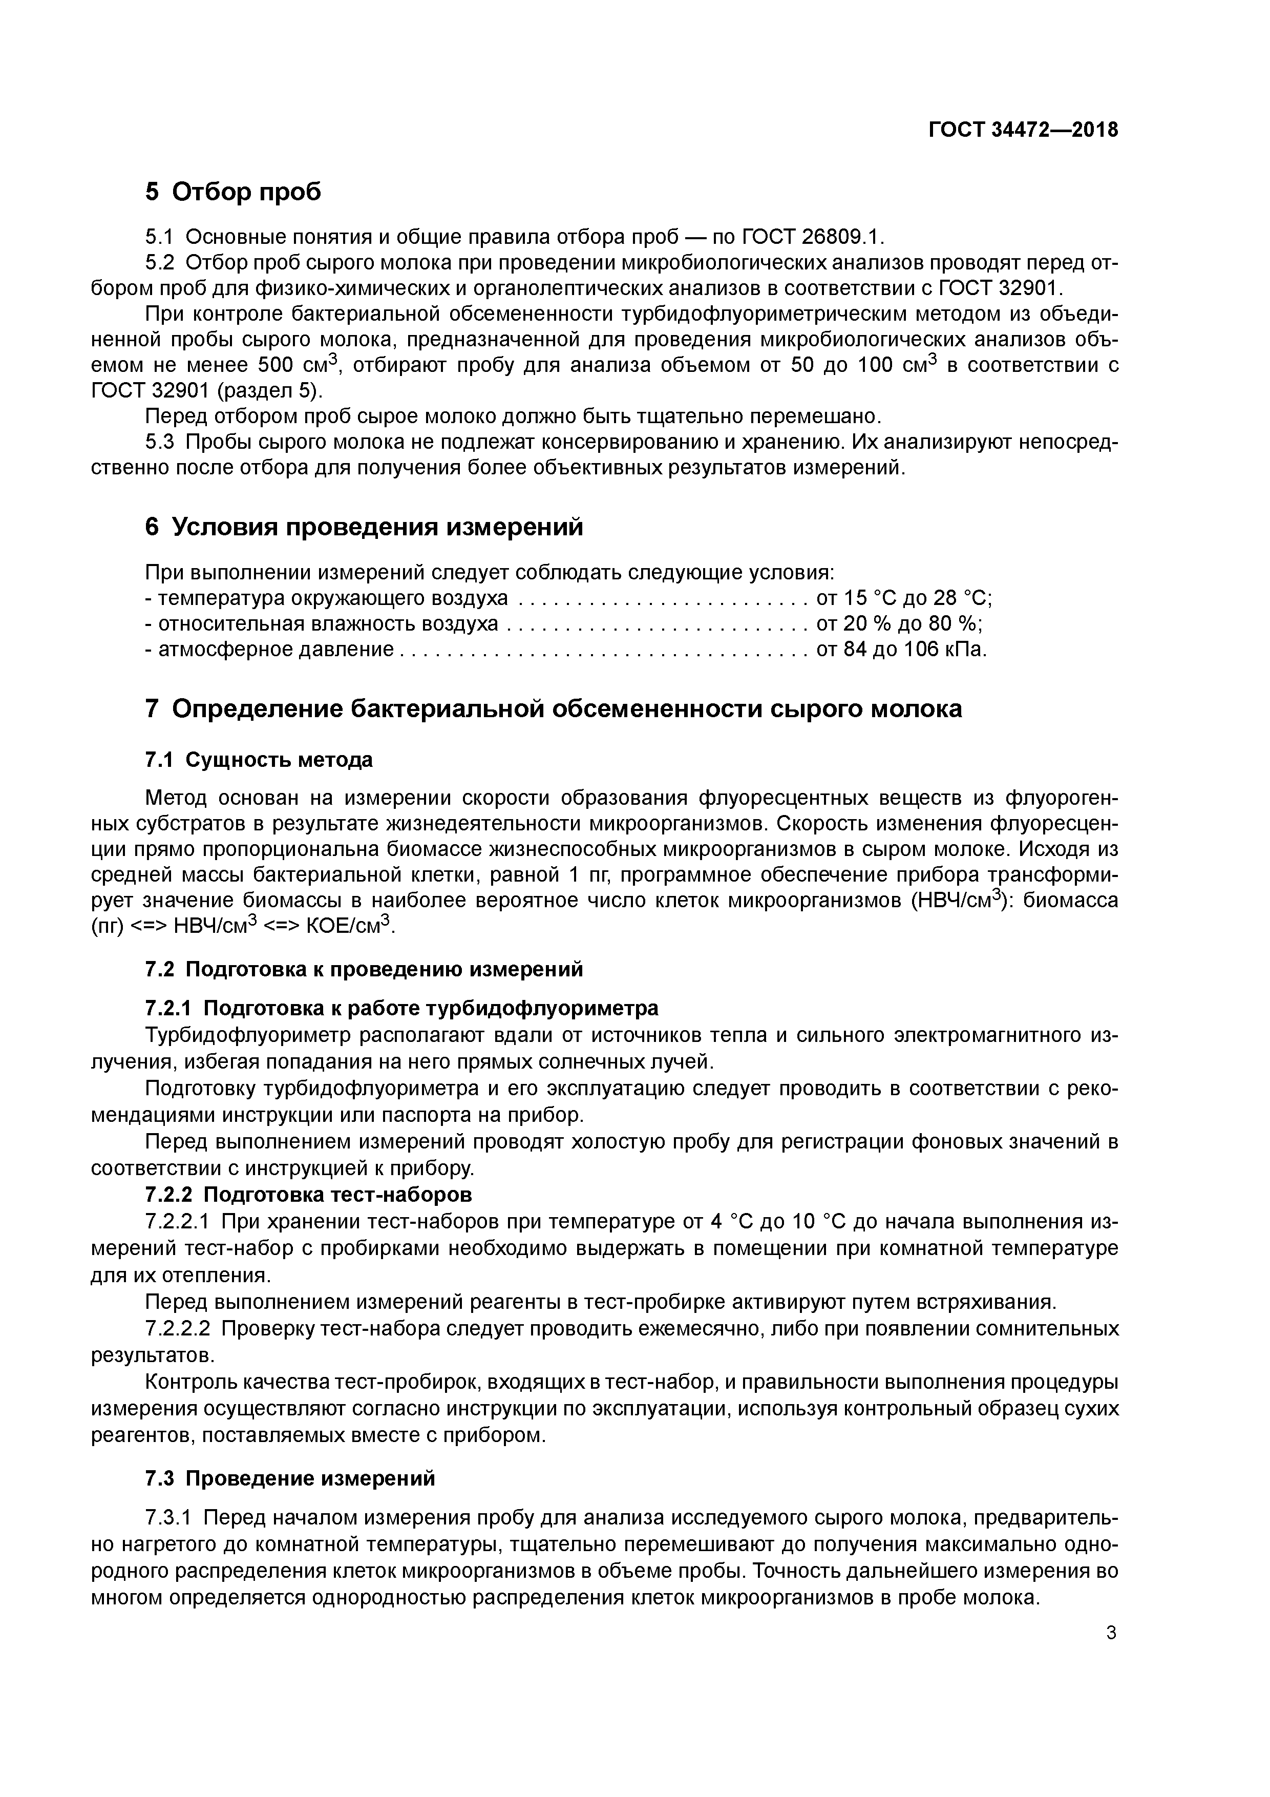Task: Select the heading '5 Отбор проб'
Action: click(233, 191)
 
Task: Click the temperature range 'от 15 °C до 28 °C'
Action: click(904, 599)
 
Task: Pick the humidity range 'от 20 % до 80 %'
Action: click(899, 624)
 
